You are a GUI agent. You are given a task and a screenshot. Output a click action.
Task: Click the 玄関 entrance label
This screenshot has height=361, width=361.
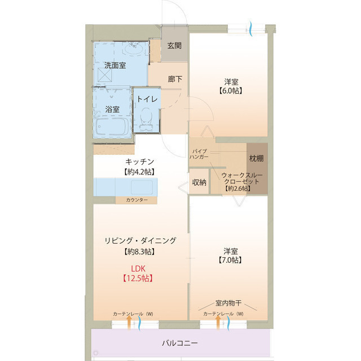click(x=174, y=46)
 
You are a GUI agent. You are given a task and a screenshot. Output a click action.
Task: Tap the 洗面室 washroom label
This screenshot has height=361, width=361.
click(x=115, y=65)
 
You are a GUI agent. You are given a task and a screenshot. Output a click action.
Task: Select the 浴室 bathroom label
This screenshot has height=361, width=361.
click(x=112, y=109)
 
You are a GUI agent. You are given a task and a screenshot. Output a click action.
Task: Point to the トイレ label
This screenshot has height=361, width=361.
click(x=146, y=99)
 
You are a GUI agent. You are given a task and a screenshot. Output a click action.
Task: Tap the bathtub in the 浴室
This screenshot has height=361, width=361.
click(x=111, y=127)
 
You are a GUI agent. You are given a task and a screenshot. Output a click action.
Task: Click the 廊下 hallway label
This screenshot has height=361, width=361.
click(x=175, y=79)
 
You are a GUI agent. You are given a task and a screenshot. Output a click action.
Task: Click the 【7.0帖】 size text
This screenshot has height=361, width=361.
click(x=230, y=260)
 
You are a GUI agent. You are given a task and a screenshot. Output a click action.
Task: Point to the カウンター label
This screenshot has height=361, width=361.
click(x=137, y=200)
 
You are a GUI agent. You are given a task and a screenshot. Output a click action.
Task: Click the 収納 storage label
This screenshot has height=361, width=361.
click(x=199, y=182)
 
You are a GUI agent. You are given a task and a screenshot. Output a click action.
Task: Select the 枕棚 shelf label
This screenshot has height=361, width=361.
click(x=256, y=159)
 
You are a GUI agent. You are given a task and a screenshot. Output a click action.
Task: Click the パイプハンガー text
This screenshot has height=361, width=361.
click(x=200, y=155)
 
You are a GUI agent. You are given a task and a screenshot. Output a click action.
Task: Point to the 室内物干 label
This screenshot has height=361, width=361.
click(x=230, y=303)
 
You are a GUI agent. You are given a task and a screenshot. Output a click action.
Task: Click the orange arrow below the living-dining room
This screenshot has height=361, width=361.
click(x=129, y=323)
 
